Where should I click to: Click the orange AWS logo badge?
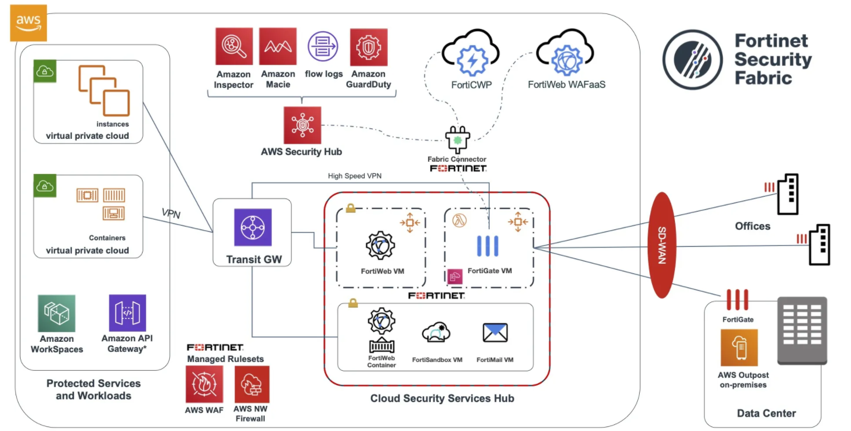click(x=28, y=23)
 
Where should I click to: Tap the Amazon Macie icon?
click(x=278, y=46)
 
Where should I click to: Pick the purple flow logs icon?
click(x=323, y=46)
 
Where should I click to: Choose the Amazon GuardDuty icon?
click(x=368, y=47)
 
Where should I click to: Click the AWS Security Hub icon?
click(x=302, y=125)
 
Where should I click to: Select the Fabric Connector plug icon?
click(x=458, y=139)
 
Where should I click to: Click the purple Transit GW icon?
click(x=252, y=227)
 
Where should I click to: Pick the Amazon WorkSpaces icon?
click(x=57, y=313)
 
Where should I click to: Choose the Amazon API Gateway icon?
click(x=127, y=313)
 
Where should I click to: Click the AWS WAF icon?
click(x=204, y=384)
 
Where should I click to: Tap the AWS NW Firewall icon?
click(x=252, y=384)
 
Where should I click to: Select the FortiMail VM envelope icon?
click(x=495, y=333)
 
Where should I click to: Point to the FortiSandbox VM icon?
click(x=437, y=333)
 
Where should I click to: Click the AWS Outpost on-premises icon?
click(x=739, y=348)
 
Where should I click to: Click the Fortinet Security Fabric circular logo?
click(x=693, y=60)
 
